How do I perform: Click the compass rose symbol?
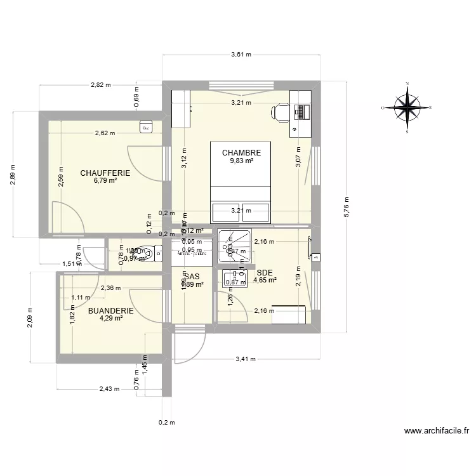[x=407, y=107]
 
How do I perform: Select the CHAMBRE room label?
[x=241, y=153]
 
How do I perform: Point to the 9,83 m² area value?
[x=241, y=161]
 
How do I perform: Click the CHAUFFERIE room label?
[x=105, y=173]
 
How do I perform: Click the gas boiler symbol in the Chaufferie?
[x=146, y=127]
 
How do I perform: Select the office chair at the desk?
[x=280, y=112]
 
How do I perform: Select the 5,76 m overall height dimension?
[x=347, y=207]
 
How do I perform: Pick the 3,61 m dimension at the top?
[x=241, y=55]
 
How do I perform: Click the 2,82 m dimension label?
[x=100, y=84]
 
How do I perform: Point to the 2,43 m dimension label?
[x=109, y=389]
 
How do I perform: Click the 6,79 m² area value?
[x=105, y=181]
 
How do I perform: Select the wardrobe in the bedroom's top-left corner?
[x=182, y=108]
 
